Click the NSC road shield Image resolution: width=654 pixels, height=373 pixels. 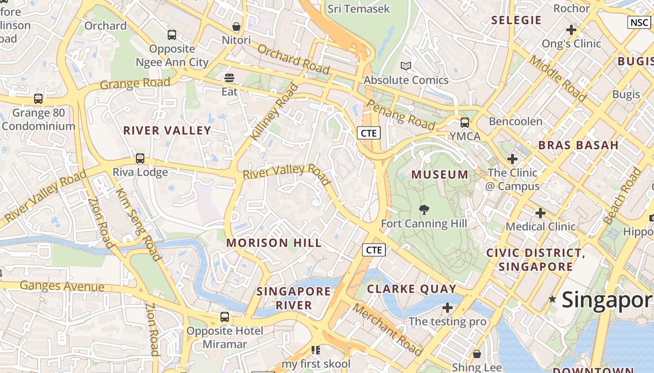pyautogui.click(x=639, y=22)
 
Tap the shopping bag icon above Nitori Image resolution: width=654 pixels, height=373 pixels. pyautogui.click(x=236, y=27)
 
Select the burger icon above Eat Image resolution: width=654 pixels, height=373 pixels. pyautogui.click(x=229, y=77)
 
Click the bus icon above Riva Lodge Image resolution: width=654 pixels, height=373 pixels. pyautogui.click(x=140, y=158)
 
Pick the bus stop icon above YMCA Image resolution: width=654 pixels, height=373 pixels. pyautogui.click(x=465, y=123)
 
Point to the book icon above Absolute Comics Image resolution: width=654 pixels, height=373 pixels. pyautogui.click(x=406, y=66)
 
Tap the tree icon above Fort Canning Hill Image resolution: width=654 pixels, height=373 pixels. pyautogui.click(x=424, y=210)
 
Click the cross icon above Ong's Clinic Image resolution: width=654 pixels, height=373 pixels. pyautogui.click(x=571, y=30)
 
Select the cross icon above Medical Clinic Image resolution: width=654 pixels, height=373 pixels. pyautogui.click(x=540, y=213)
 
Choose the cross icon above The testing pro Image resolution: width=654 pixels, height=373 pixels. pyautogui.click(x=448, y=308)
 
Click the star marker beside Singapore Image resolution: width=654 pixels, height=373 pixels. pyautogui.click(x=553, y=299)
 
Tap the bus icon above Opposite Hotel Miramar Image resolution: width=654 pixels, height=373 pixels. pyautogui.click(x=225, y=317)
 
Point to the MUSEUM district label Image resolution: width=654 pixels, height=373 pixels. pyautogui.click(x=440, y=175)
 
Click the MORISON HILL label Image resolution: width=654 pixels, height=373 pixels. pyautogui.click(x=274, y=243)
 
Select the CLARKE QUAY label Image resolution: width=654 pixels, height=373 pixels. pyautogui.click(x=412, y=289)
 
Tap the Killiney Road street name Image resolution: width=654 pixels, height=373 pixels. pyautogui.click(x=274, y=111)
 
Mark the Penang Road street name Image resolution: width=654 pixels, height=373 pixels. pyautogui.click(x=401, y=115)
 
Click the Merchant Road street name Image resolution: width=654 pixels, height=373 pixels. pyautogui.click(x=387, y=329)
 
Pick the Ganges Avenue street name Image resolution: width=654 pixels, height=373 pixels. pyautogui.click(x=62, y=286)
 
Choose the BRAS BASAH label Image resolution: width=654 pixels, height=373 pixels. pyautogui.click(x=578, y=145)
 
